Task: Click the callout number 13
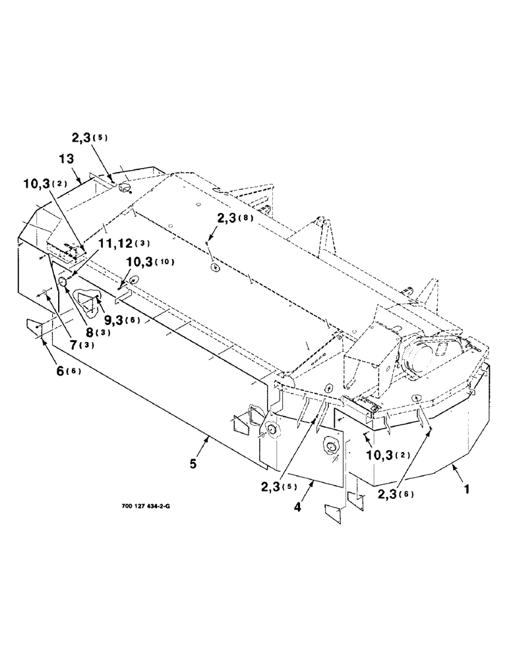[67, 159]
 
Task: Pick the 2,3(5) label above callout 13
[93, 139]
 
